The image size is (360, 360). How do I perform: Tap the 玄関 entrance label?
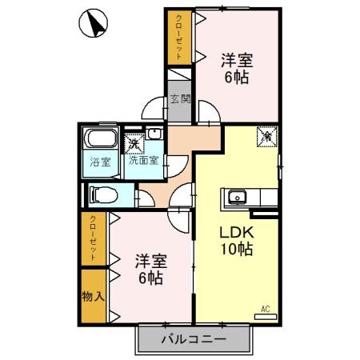[x=181, y=99]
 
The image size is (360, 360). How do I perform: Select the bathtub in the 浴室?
[x=101, y=138]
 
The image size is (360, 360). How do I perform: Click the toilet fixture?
[x=103, y=194]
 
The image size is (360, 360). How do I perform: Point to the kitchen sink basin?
[x=237, y=197]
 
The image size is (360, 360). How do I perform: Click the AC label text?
[x=266, y=310]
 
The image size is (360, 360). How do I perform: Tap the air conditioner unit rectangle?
[x=266, y=317]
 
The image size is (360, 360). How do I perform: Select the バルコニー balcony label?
[x=194, y=339]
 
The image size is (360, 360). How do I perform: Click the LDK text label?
[x=236, y=233]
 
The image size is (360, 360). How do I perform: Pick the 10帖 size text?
[x=236, y=249]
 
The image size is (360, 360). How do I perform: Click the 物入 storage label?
[x=93, y=296]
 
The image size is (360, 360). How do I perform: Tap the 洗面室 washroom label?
[x=144, y=160]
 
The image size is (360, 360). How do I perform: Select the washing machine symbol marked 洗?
[x=134, y=144]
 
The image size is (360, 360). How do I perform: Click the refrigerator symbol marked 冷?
[x=267, y=137]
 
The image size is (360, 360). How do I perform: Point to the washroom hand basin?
[x=154, y=133]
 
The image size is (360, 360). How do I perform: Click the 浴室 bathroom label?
[x=100, y=162]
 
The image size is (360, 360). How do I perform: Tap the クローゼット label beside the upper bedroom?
[x=179, y=37]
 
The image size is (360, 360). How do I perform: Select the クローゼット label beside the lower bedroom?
[x=93, y=238]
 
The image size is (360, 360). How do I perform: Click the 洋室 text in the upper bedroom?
[x=237, y=61]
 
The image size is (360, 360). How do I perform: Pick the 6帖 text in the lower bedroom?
[x=151, y=278]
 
